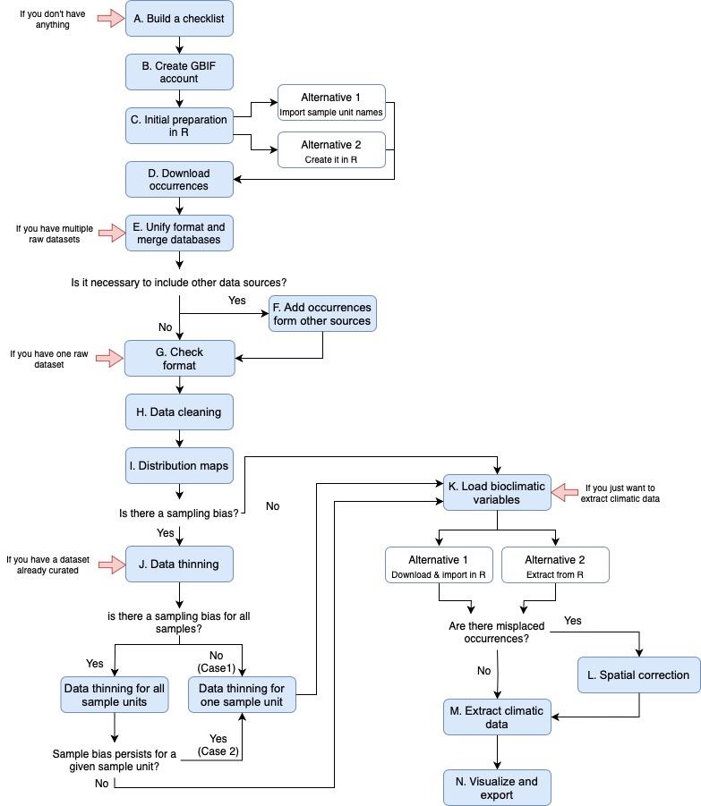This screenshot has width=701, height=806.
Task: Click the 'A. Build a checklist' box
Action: [179, 19]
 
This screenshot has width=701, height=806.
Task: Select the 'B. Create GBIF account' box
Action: [179, 72]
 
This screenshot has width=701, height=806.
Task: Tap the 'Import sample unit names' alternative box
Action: [331, 102]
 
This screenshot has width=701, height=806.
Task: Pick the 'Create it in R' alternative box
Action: [331, 149]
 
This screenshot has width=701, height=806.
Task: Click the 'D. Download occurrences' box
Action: [179, 180]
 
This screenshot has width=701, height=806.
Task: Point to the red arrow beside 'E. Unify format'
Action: [112, 233]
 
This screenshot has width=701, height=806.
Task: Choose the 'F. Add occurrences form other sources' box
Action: [322, 314]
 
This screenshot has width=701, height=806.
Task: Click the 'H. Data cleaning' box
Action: [179, 411]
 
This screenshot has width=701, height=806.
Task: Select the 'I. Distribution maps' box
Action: [179, 466]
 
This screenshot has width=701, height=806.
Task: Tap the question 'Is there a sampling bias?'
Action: [179, 513]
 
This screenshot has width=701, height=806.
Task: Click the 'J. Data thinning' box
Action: [179, 564]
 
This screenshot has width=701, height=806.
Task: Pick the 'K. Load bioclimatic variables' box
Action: [497, 492]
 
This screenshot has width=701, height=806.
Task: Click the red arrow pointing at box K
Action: [565, 492]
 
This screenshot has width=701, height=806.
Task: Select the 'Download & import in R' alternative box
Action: [439, 565]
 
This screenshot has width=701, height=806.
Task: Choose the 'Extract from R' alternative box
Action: [555, 565]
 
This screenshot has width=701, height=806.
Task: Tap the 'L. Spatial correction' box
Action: [638, 674]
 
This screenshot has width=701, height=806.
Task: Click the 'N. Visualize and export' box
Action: [497, 787]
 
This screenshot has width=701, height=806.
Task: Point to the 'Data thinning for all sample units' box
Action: [115, 694]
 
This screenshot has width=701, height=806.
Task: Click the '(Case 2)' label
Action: [218, 751]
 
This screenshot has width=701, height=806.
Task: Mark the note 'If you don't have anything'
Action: [53, 19]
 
